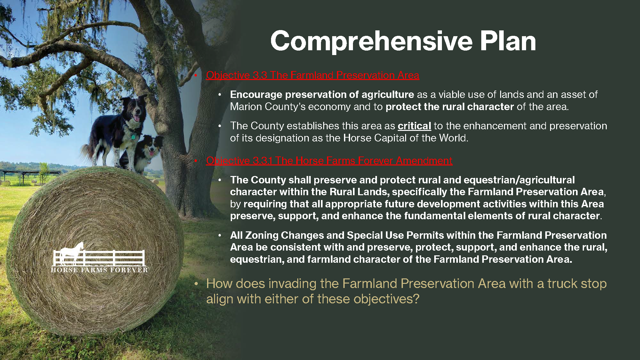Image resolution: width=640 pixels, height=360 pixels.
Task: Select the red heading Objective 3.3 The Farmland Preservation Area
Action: (x=312, y=75)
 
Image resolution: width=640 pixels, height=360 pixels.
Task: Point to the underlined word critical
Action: (x=414, y=126)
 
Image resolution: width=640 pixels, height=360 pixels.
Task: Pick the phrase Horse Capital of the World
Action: (x=405, y=138)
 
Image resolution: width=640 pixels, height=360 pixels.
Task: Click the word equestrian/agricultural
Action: (x=519, y=180)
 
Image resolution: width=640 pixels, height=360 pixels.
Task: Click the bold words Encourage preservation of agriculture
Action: (x=322, y=95)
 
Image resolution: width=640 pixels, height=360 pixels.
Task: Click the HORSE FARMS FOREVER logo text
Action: (x=99, y=270)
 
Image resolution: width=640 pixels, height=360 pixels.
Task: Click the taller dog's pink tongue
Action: (x=137, y=118)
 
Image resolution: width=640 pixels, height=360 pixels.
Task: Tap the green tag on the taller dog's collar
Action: (x=133, y=137)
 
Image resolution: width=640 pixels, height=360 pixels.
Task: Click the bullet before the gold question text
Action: (x=196, y=284)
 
